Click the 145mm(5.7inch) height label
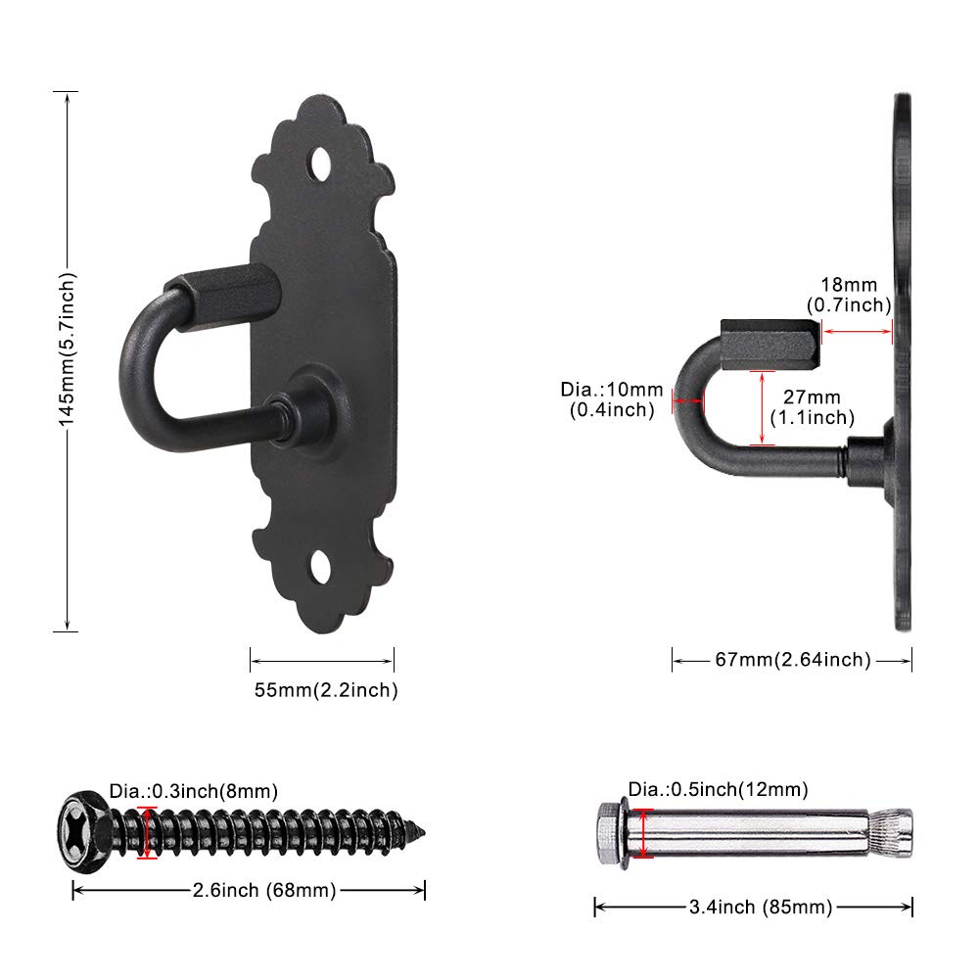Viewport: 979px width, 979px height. [x=67, y=350]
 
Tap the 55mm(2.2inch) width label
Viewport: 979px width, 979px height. [x=326, y=690]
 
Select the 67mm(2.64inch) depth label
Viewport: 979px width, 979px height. [x=793, y=659]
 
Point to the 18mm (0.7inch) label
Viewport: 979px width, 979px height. [x=849, y=295]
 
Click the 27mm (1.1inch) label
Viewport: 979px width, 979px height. [x=813, y=407]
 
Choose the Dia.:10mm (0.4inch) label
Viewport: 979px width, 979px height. [x=612, y=399]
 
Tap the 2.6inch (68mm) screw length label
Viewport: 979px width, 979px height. [x=264, y=890]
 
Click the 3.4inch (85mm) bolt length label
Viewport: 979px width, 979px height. [x=761, y=907]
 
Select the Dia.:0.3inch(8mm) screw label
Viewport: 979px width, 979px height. [x=194, y=791]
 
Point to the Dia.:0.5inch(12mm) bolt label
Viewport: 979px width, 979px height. [x=718, y=789]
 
